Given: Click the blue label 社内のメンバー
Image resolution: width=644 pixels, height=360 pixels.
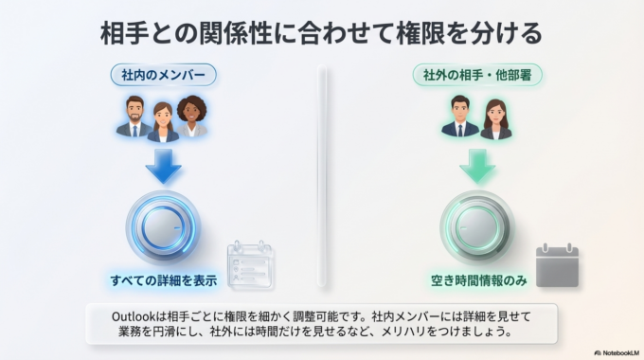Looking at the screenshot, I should pos(163,73).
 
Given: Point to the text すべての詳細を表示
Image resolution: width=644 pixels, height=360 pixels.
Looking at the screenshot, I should pos(163,279).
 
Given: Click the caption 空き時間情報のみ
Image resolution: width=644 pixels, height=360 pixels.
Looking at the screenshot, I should pos(477,279).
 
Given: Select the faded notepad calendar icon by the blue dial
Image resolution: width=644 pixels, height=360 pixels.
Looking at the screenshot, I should pos(249,266).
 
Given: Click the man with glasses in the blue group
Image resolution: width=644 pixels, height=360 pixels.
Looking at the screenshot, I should pos(134,117).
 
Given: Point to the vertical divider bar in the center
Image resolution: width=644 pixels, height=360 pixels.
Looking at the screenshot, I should pos(322,175).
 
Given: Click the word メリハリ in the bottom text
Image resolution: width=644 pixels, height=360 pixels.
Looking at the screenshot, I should pos(406,333).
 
